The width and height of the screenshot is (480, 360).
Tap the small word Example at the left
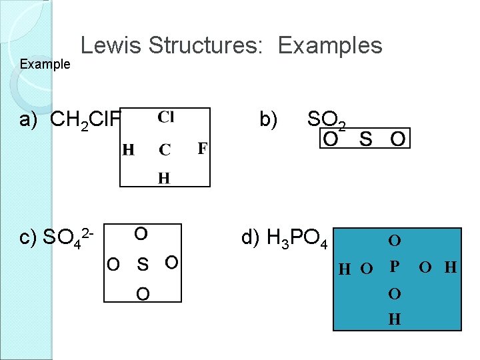[x=45, y=65]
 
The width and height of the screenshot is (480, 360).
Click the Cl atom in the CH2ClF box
[x=166, y=117]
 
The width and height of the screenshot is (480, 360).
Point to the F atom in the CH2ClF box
[x=202, y=147]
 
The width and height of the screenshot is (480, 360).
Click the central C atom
[x=165, y=150]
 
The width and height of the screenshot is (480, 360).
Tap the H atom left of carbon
[x=128, y=150]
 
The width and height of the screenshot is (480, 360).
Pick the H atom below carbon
[x=163, y=177]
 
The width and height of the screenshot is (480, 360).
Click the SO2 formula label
[x=326, y=121]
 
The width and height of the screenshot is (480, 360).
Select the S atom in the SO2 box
[x=365, y=139]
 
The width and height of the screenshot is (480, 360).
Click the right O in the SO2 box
[x=397, y=139]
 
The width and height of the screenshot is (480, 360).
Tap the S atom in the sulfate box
[x=143, y=264]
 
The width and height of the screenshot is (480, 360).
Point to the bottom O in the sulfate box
[x=143, y=294]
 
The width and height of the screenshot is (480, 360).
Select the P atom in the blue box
[x=395, y=267]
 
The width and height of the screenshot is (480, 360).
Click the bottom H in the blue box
[x=395, y=319]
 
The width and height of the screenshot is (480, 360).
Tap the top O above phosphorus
[x=395, y=239]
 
